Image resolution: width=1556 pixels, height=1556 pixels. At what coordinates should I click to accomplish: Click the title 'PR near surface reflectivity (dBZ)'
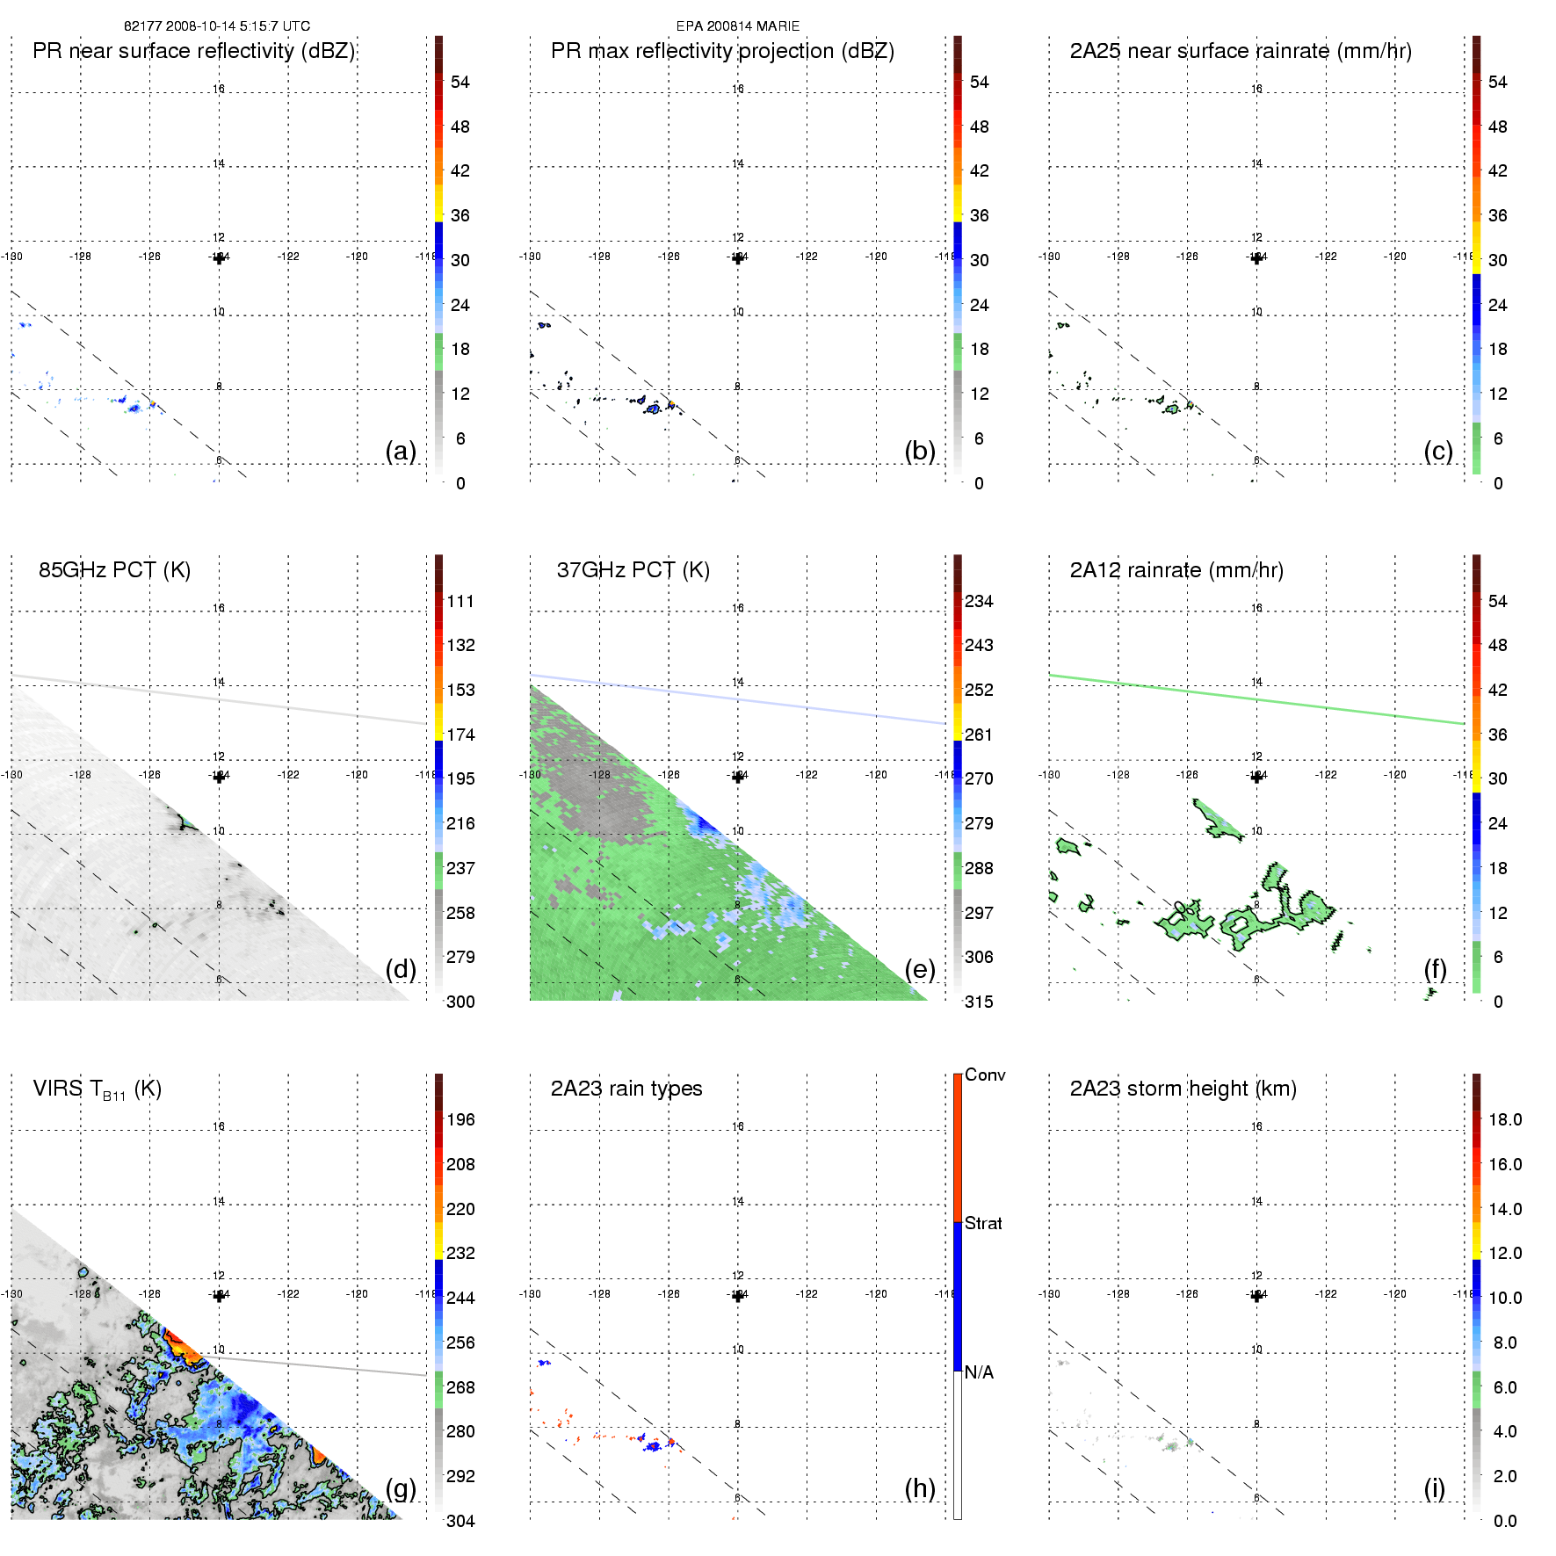tap(193, 51)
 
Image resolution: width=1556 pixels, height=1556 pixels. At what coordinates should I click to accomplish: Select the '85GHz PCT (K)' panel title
tap(114, 570)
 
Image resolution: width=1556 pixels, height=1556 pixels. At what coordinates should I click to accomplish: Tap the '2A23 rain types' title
tap(626, 1089)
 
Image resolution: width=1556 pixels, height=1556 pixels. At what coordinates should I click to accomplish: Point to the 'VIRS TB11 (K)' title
tap(97, 1089)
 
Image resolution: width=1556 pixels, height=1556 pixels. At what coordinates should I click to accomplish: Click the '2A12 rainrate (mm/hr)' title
tap(1176, 570)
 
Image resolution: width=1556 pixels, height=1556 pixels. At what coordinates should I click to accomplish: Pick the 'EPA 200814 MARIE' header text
tap(737, 26)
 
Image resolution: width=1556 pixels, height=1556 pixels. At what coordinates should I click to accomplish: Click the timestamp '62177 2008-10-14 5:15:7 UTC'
tap(216, 26)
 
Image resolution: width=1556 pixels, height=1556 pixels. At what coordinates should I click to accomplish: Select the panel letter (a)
tap(401, 451)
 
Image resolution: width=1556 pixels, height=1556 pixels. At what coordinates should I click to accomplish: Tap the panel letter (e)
tap(919, 969)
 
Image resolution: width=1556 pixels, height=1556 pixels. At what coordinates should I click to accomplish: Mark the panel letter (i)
tap(1434, 1488)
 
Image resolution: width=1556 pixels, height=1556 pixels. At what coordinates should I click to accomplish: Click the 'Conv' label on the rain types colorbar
tap(985, 1075)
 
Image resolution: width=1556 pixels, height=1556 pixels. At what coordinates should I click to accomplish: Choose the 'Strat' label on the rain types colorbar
tap(983, 1224)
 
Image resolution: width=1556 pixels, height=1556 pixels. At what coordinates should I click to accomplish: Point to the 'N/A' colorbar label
tap(979, 1372)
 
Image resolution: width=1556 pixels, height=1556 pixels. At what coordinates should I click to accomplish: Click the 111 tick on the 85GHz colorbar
tap(460, 602)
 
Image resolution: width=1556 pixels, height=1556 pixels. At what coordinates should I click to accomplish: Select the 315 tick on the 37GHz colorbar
tap(979, 1002)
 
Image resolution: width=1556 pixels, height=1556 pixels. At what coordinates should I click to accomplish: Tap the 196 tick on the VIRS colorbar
tap(460, 1120)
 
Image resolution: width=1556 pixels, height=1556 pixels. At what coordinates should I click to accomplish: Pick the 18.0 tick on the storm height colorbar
tap(1504, 1120)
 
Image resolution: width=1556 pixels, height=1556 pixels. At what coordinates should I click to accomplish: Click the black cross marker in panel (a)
tap(219, 257)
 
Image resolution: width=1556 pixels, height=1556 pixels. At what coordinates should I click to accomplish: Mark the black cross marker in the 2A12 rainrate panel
tap(1256, 777)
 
